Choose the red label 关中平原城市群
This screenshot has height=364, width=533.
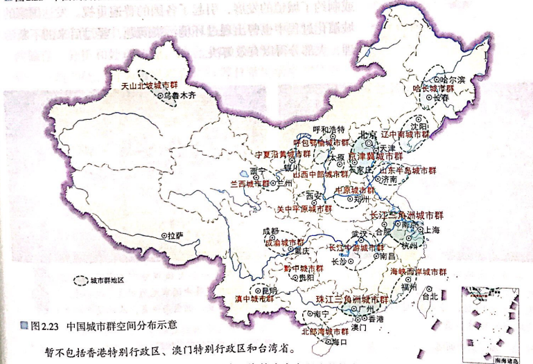[305, 207]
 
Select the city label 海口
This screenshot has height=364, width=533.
[338, 341]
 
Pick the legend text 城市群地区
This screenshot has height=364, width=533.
[107, 282]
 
